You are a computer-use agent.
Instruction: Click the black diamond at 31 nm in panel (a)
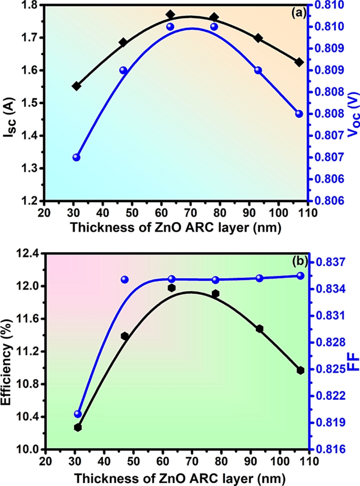click(76, 86)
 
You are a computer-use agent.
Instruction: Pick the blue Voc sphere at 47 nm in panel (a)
click(124, 70)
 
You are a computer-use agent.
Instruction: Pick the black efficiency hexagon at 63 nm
click(171, 288)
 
